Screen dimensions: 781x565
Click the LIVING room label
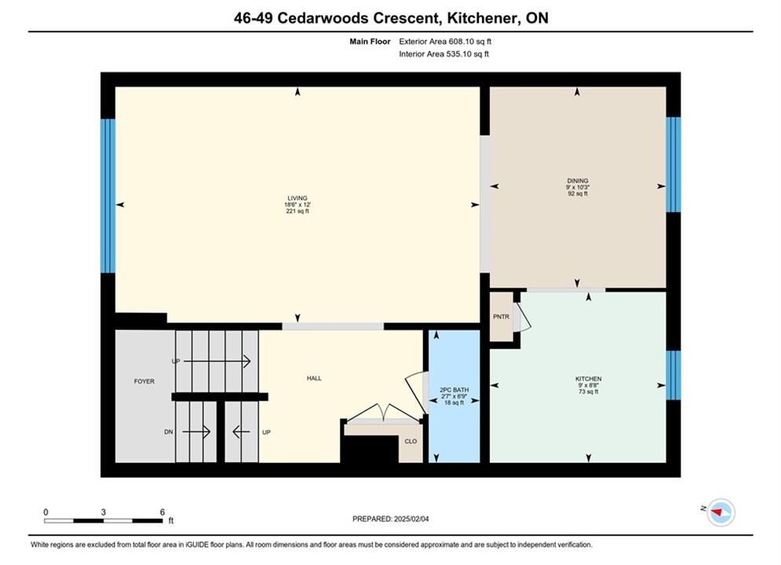(x=297, y=198)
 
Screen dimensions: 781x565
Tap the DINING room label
(x=577, y=180)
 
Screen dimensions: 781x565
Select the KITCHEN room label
(x=588, y=379)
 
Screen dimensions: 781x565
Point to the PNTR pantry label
(x=501, y=316)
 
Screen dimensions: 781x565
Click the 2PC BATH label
(x=454, y=390)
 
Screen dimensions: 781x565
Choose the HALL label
(x=314, y=378)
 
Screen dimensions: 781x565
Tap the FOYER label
(x=144, y=381)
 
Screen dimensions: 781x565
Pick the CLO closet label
(x=411, y=442)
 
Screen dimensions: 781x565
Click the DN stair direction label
(x=168, y=432)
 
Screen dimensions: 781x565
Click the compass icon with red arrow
(x=721, y=512)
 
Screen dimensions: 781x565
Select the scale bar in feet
(x=103, y=521)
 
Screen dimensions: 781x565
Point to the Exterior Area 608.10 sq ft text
(x=445, y=42)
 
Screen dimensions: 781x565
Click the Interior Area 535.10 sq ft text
(x=443, y=54)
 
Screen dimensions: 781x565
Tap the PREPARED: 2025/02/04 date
(x=391, y=519)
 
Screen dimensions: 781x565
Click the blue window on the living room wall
(x=108, y=195)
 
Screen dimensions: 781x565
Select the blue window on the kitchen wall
(x=673, y=375)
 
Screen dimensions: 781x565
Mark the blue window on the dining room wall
(x=673, y=164)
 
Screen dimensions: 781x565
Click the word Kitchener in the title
(x=480, y=18)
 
